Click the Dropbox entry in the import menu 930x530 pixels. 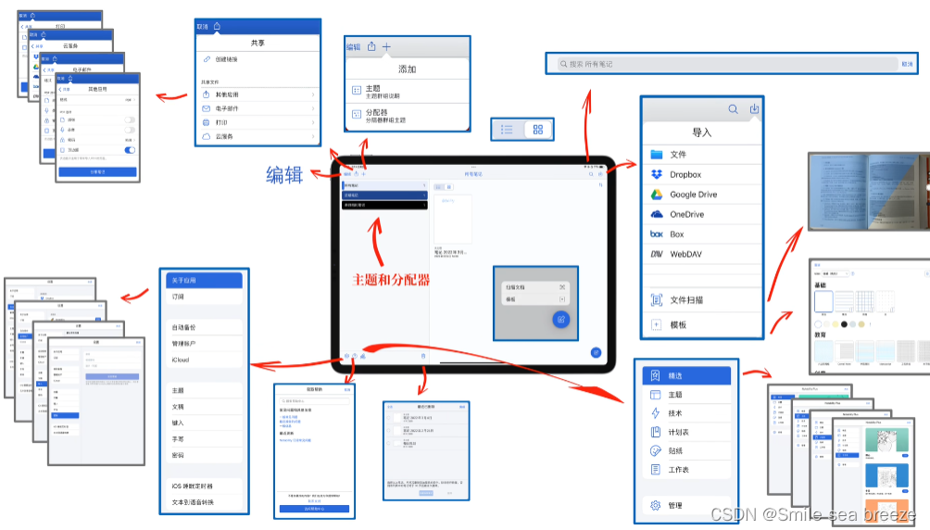click(x=686, y=174)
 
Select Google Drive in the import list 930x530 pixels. click(x=694, y=195)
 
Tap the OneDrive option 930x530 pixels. click(x=687, y=214)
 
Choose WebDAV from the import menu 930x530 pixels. click(x=689, y=254)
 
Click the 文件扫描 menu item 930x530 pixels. click(x=686, y=300)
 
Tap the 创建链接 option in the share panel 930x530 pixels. click(x=227, y=59)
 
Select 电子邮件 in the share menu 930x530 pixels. click(x=228, y=108)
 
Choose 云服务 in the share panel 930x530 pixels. click(x=225, y=136)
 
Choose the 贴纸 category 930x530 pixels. click(x=675, y=451)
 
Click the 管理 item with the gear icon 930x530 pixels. click(x=675, y=506)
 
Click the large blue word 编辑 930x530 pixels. click(x=284, y=174)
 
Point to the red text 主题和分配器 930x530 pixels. click(x=390, y=280)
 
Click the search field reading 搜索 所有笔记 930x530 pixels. click(x=723, y=64)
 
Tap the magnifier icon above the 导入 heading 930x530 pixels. click(x=733, y=109)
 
